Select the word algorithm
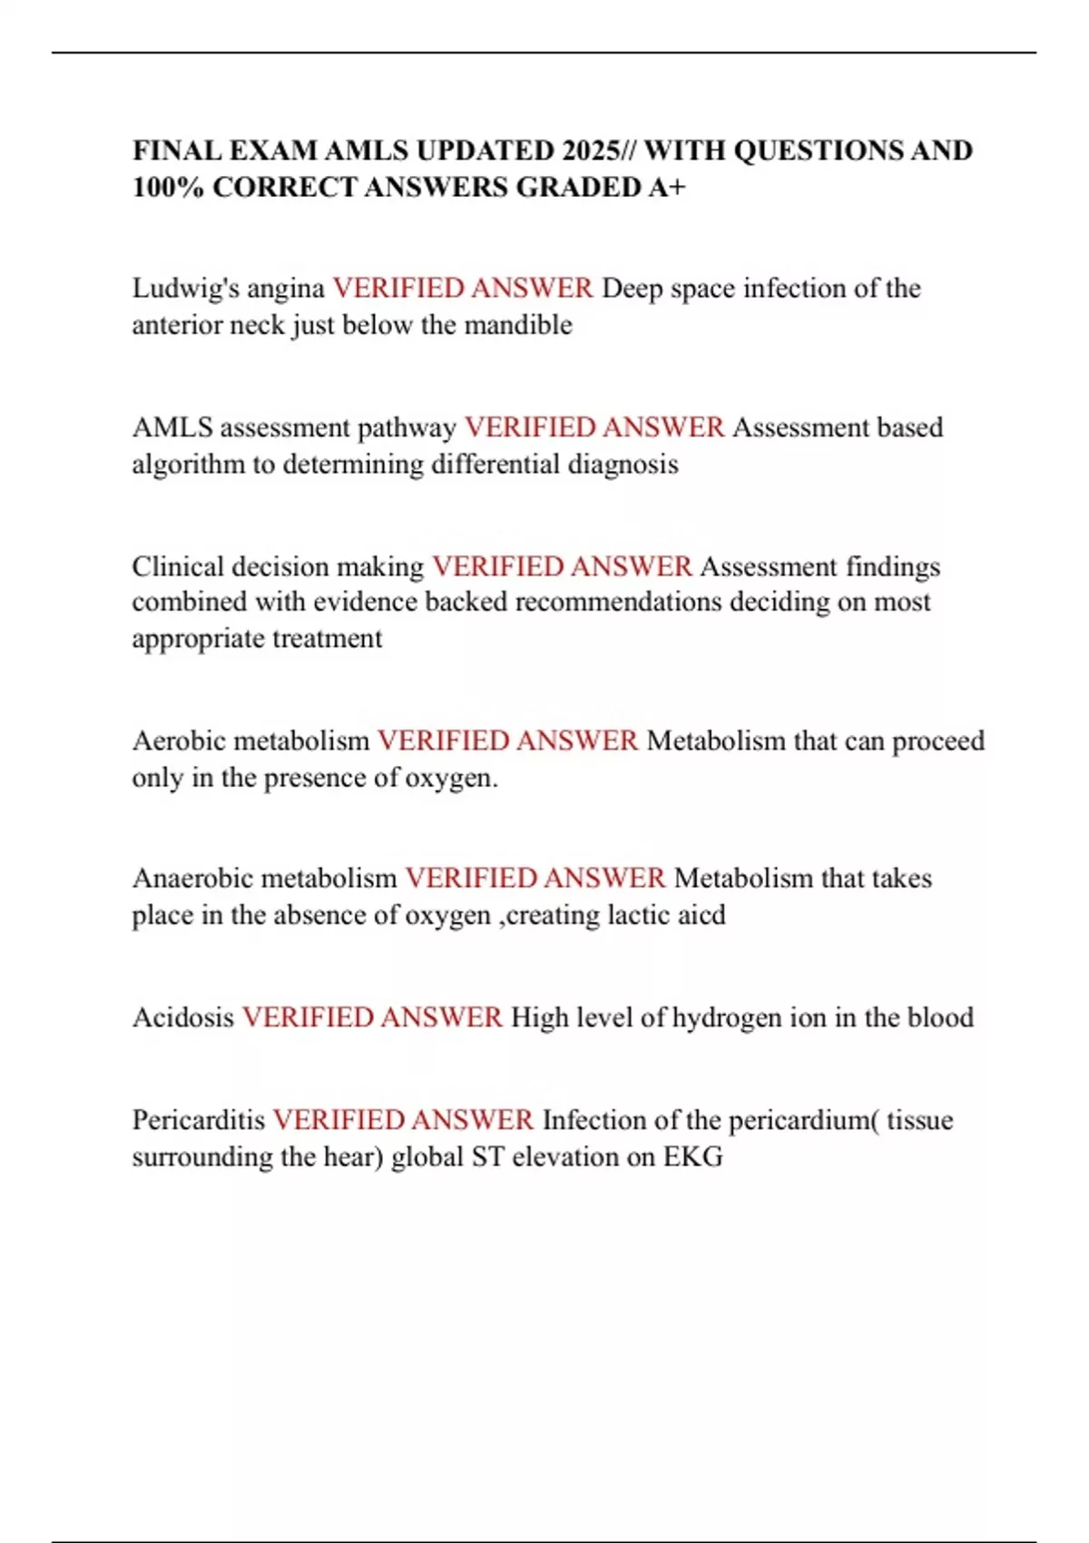[188, 465]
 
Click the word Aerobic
[179, 742]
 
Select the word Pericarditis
[199, 1120]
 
